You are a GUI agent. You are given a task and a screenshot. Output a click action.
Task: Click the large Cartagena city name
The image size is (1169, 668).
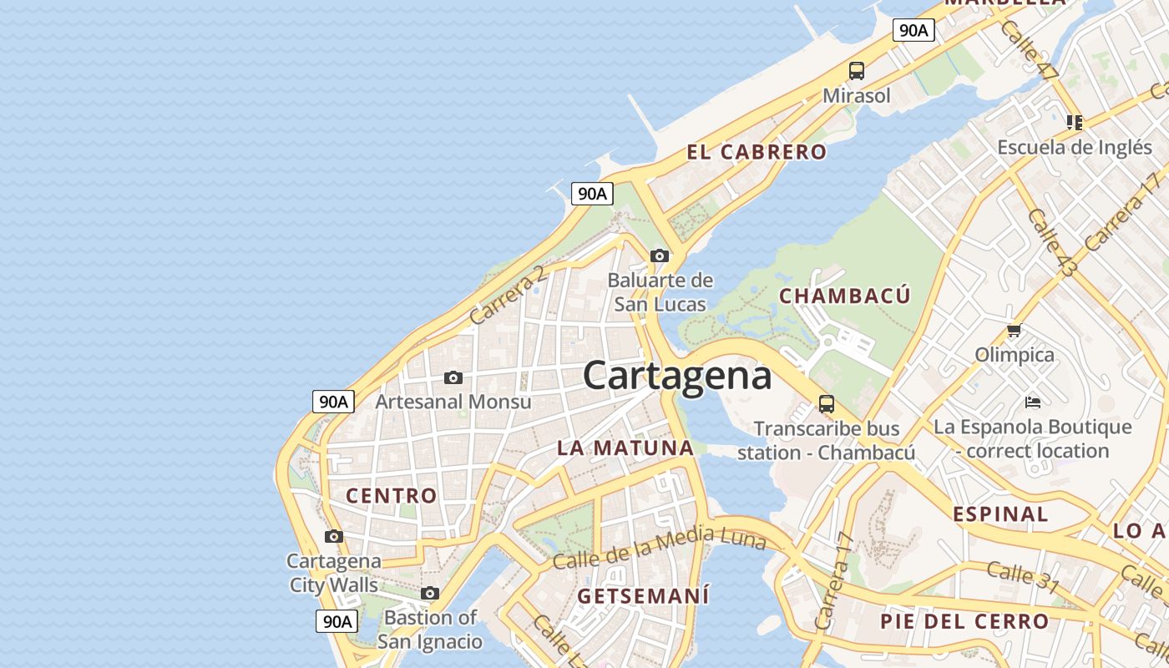[x=676, y=375]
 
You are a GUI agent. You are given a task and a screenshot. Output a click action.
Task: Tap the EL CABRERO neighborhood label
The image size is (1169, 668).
[x=757, y=152]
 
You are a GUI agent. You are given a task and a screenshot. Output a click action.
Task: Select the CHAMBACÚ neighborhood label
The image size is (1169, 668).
[x=844, y=296]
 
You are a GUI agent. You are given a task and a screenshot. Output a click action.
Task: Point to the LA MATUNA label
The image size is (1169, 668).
[x=625, y=448]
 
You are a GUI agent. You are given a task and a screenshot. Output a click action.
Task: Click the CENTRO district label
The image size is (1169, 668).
[x=392, y=495]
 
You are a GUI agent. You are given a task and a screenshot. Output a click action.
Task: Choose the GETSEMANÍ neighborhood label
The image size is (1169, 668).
[x=643, y=596]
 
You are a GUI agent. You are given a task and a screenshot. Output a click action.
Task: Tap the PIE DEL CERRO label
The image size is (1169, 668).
[x=964, y=621]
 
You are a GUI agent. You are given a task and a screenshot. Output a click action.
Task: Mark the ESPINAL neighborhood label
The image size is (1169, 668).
[x=1000, y=514]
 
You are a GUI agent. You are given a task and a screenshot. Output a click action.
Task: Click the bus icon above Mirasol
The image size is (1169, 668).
[x=857, y=71]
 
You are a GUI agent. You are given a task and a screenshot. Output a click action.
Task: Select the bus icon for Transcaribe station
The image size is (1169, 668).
[x=827, y=404]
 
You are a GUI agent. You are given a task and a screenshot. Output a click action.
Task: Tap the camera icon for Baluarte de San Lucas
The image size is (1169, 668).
[x=660, y=256]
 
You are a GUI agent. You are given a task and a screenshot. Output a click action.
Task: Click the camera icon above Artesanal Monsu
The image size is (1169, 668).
[x=453, y=377]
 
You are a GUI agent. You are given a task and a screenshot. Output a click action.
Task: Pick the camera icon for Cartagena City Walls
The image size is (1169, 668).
[x=334, y=536]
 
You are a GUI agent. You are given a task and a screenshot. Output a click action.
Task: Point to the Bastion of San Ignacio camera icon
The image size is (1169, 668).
[x=430, y=594]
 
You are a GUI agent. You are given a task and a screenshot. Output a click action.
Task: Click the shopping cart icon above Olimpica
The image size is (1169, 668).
[x=1015, y=330]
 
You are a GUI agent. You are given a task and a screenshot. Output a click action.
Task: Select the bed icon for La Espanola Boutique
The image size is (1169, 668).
[x=1033, y=402]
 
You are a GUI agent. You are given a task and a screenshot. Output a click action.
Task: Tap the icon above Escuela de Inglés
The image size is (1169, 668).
[x=1075, y=123]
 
